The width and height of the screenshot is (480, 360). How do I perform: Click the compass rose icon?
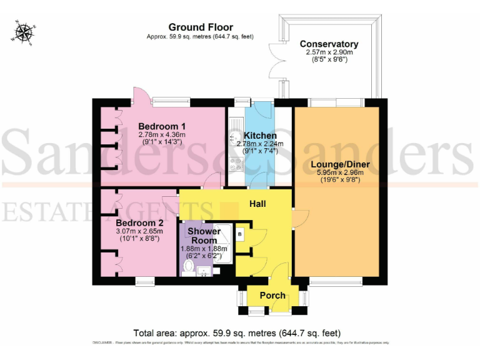tap(24, 32)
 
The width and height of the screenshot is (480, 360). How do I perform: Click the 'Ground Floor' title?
tap(201, 27)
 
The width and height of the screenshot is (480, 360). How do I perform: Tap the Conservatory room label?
tap(329, 44)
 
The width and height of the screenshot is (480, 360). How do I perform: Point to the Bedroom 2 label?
tap(140, 222)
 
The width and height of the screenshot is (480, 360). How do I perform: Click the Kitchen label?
tap(260, 136)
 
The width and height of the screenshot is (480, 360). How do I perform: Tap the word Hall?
tap(258, 204)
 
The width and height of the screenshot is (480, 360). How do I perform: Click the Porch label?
tap(272, 296)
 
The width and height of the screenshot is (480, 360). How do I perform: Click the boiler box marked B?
tap(240, 234)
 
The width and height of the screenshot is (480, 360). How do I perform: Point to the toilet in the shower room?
tap(187, 267)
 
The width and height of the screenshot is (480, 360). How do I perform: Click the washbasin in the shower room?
tap(204, 271)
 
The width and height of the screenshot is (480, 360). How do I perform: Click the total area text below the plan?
tap(237, 333)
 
